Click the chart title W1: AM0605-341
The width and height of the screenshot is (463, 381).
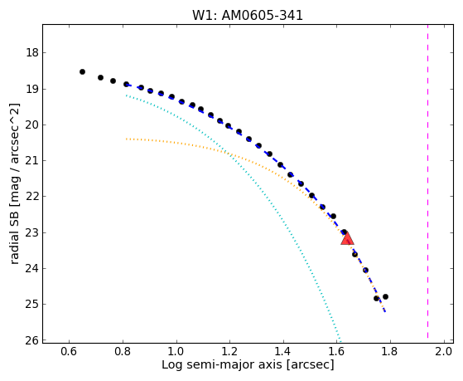tap(248, 16)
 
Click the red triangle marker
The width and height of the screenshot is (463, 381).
tap(347, 238)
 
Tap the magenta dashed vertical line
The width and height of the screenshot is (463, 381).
tap(427, 181)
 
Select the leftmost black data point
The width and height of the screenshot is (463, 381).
tap(82, 71)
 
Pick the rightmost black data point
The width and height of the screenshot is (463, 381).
tap(385, 296)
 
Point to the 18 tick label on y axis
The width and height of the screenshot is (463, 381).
tap(32, 53)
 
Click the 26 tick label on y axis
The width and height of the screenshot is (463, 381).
tap(32, 340)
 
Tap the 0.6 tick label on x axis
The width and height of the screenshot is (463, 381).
tap(69, 351)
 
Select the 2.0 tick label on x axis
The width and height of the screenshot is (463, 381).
tap(444, 351)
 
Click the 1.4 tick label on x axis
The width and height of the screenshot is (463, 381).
tap(283, 351)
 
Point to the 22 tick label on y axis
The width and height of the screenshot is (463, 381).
tap(32, 197)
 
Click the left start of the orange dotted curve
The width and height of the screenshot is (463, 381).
tap(127, 139)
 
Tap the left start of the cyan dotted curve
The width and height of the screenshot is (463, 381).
tap(127, 95)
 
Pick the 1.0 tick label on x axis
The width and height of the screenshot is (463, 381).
tap(176, 351)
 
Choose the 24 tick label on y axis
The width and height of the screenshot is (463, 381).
tap(32, 269)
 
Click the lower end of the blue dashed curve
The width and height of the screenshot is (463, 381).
tap(385, 311)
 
